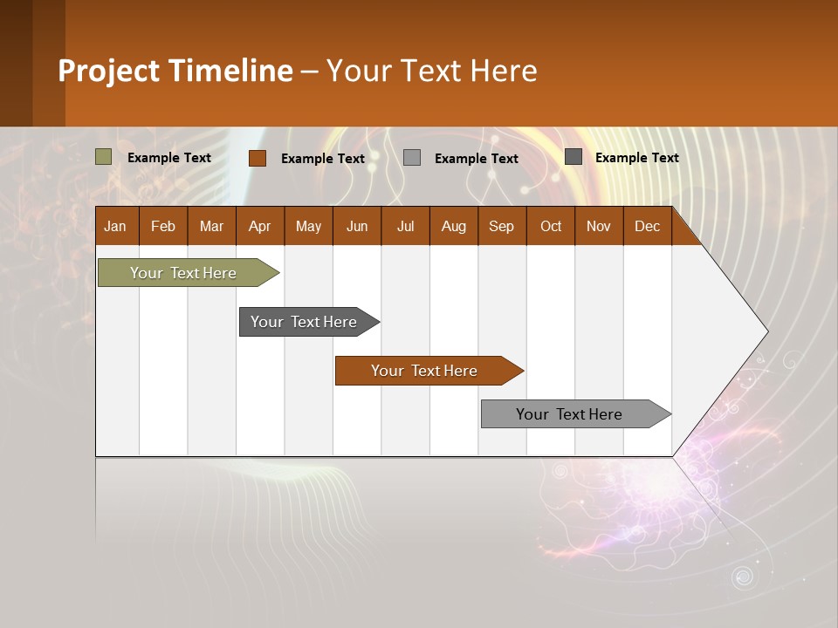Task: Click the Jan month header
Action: click(116, 226)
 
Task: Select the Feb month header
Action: click(163, 226)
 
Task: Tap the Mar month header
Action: click(211, 226)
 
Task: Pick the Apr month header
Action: click(260, 226)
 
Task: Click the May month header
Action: click(308, 226)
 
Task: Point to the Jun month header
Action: click(357, 226)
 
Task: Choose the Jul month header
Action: click(405, 226)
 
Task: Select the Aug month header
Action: click(454, 226)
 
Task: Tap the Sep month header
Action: click(502, 226)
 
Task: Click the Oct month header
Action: click(551, 226)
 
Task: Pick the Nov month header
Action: click(599, 226)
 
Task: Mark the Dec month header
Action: click(648, 226)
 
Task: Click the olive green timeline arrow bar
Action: click(184, 273)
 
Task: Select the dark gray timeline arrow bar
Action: click(305, 322)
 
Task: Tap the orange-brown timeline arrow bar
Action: click(425, 371)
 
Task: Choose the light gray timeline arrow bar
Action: click(570, 414)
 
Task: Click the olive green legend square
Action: click(104, 157)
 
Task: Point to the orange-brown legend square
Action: click(258, 158)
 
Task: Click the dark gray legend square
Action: click(574, 157)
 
